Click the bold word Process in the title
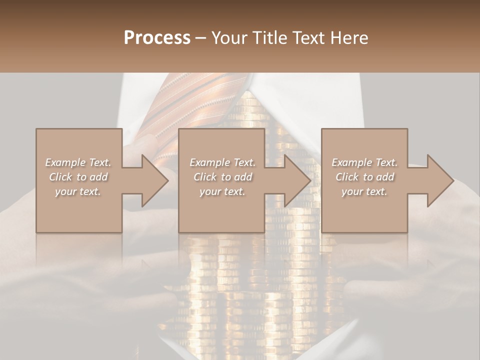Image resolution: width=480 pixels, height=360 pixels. point(157,37)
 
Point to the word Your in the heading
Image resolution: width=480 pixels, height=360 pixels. point(229,37)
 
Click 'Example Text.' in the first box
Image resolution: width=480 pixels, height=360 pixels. point(78,162)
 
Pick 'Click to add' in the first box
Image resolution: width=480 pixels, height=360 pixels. point(78,177)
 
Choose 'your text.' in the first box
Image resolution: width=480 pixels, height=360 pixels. point(78,191)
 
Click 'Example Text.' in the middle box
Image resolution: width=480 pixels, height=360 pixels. point(222,162)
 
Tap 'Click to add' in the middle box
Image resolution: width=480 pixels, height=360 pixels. point(222,177)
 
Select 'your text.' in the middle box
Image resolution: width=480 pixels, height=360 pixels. point(222,191)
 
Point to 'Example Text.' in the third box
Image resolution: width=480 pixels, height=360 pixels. point(364,162)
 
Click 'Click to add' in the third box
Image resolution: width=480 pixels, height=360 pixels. point(364,177)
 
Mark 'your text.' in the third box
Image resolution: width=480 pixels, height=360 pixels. point(364,191)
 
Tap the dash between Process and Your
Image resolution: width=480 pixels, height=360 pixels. point(201,38)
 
